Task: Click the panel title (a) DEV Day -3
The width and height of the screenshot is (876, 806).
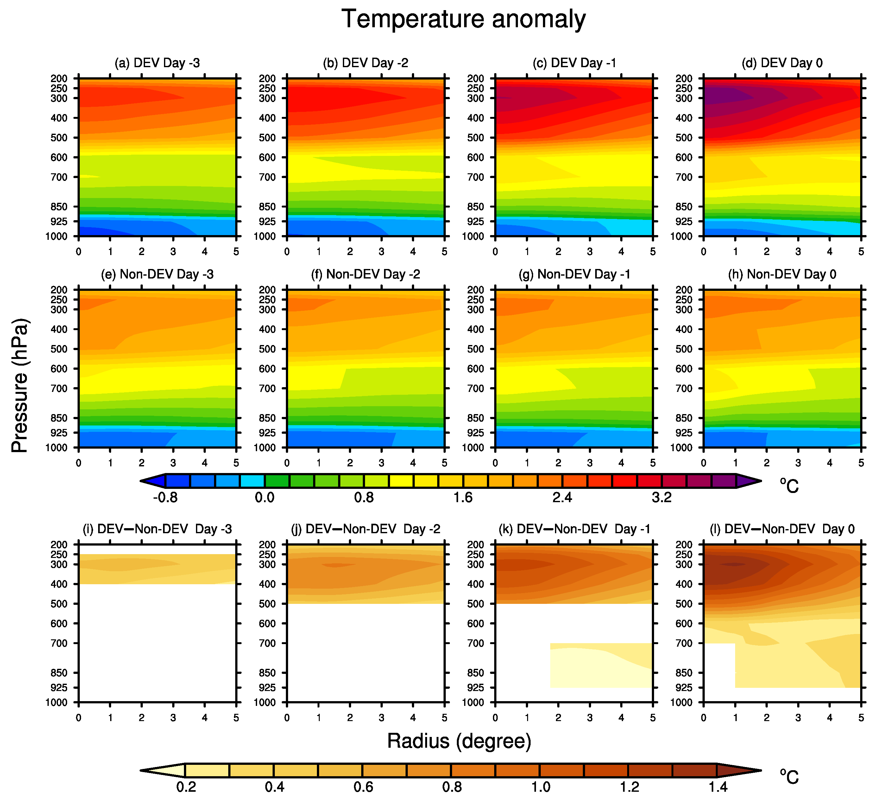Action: (157, 63)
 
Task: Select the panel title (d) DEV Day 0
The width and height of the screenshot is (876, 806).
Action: (782, 63)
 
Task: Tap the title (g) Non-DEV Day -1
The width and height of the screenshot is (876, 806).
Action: (574, 274)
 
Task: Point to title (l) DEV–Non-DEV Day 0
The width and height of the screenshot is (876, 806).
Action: (782, 529)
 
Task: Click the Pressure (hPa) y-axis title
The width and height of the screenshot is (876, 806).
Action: (20, 386)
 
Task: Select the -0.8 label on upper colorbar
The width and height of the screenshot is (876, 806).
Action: (165, 497)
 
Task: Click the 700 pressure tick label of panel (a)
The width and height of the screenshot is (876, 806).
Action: (59, 177)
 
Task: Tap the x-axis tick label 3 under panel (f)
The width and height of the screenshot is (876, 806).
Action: (381, 463)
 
